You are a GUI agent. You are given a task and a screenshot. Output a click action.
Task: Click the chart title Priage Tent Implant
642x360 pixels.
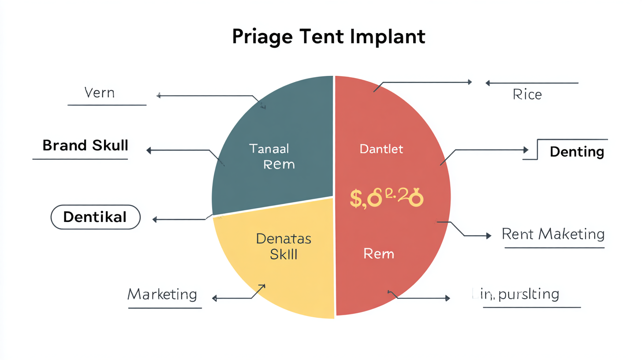(x=328, y=37)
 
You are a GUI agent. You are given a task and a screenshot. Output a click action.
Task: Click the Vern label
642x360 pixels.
(x=99, y=93)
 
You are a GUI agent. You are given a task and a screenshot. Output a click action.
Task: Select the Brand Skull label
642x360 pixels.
(x=85, y=145)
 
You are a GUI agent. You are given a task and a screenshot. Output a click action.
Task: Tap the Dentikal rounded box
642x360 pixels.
(x=95, y=217)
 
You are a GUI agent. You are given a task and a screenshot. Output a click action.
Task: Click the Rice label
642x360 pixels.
(x=527, y=94)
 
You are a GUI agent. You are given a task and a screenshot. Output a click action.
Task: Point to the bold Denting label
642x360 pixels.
(x=577, y=152)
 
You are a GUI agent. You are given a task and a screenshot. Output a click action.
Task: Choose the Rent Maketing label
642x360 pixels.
(x=553, y=234)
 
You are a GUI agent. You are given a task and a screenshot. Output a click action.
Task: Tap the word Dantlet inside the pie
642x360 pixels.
(x=381, y=149)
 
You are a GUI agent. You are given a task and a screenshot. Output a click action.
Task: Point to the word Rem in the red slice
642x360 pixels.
(x=378, y=254)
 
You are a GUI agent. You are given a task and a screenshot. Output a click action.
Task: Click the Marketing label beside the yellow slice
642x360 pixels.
(x=162, y=294)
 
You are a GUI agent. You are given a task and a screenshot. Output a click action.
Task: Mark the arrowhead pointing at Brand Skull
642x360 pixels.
(x=149, y=150)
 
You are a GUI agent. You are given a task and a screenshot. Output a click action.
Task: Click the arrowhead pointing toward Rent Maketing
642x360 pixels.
(x=488, y=236)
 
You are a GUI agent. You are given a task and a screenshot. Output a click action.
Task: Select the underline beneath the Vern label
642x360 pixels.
(x=107, y=105)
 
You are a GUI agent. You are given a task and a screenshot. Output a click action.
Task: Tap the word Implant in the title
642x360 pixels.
(x=388, y=37)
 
